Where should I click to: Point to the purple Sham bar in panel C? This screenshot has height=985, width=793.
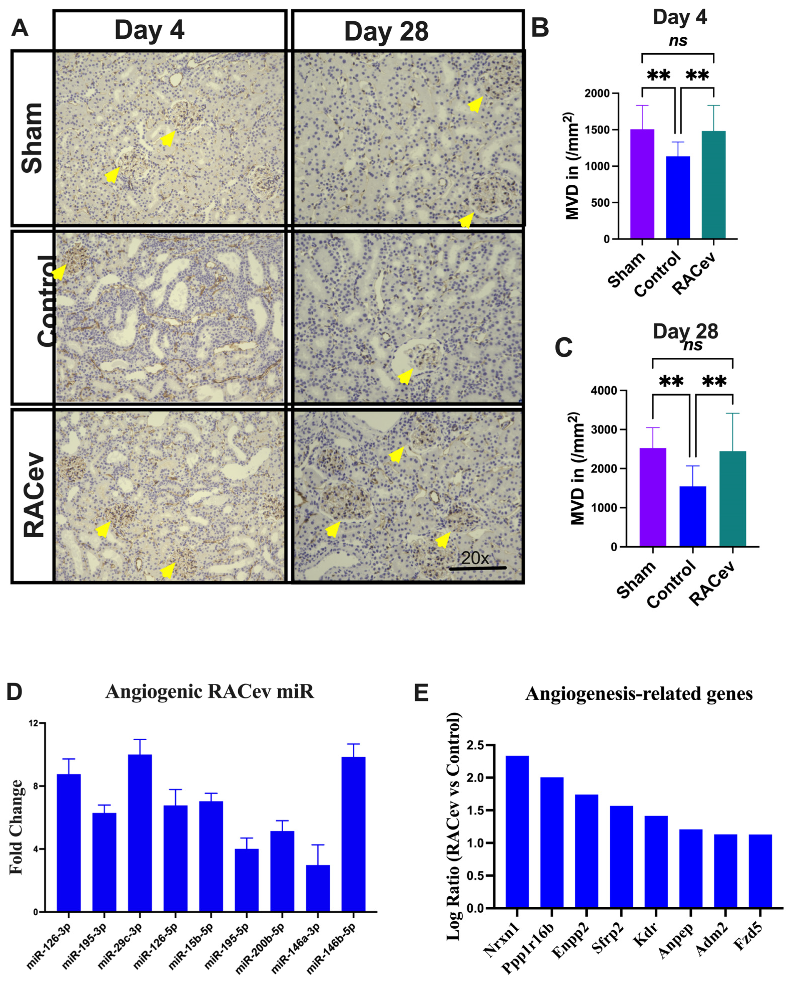(653, 497)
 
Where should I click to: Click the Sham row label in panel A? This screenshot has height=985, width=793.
(32, 138)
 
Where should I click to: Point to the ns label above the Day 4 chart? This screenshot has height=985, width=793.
(678, 41)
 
